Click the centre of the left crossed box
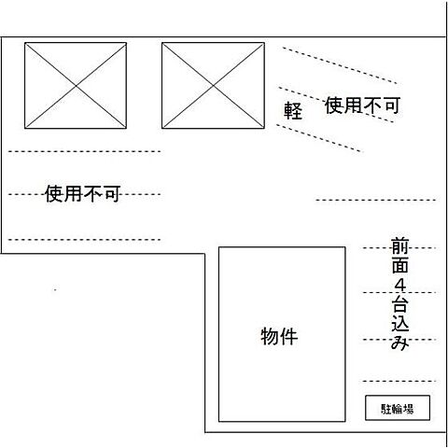[x=76, y=85]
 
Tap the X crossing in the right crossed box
[x=214, y=85]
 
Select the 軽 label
[x=294, y=110]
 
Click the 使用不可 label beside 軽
[x=362, y=106]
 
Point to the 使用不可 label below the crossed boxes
[x=83, y=194]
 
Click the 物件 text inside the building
[x=279, y=336]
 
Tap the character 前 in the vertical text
[x=399, y=247]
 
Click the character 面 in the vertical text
[x=399, y=267]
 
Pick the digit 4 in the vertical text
[x=399, y=286]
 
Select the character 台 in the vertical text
[x=399, y=305]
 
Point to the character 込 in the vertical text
[x=399, y=324]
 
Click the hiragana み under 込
[x=399, y=343]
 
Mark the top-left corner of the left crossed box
[x=25, y=43]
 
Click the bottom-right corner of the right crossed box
[x=264, y=128]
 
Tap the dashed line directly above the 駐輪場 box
[x=399, y=381]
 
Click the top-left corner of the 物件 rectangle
[x=219, y=247]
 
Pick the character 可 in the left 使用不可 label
[x=111, y=194]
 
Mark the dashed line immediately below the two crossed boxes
[x=84, y=150]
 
